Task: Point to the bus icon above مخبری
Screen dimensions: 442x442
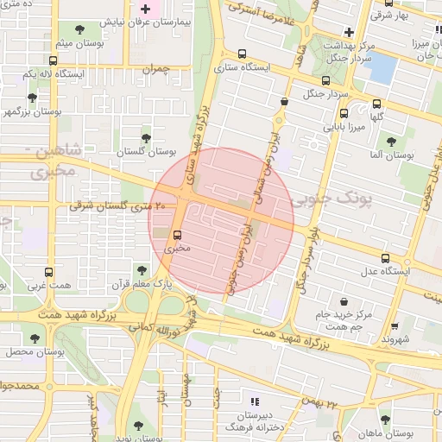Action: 177,235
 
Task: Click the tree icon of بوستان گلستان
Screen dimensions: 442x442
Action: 145,136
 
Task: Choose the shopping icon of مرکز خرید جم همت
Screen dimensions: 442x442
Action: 345,302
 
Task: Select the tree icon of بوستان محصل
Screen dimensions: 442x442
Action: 35,338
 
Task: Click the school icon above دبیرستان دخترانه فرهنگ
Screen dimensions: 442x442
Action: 254,401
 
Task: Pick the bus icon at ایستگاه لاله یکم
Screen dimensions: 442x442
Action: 54,61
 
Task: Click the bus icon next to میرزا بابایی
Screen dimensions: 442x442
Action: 344,113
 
